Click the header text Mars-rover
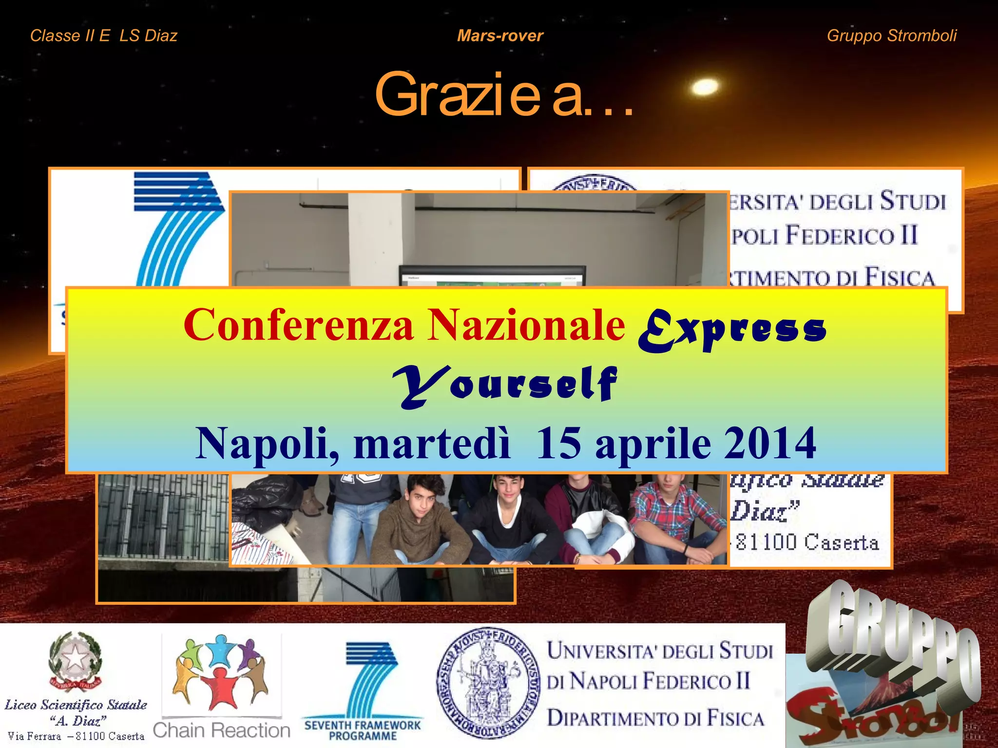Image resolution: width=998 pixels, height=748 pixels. pyautogui.click(x=500, y=36)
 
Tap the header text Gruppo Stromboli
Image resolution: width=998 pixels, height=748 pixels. pyautogui.click(x=891, y=36)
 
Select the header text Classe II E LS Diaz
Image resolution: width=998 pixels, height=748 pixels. pyautogui.click(x=104, y=36)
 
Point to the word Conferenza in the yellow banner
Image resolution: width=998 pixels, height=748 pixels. pyautogui.click(x=299, y=325)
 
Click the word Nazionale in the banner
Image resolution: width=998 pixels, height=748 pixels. pyautogui.click(x=526, y=325)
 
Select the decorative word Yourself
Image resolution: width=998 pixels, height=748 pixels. pyautogui.click(x=505, y=385)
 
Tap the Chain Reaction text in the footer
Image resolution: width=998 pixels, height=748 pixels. pyautogui.click(x=222, y=730)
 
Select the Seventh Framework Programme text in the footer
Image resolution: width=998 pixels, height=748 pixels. pyautogui.click(x=363, y=730)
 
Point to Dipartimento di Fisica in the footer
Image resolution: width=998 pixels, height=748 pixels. pyautogui.click(x=655, y=718)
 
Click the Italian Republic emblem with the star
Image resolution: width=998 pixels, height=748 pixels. pyautogui.click(x=75, y=660)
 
